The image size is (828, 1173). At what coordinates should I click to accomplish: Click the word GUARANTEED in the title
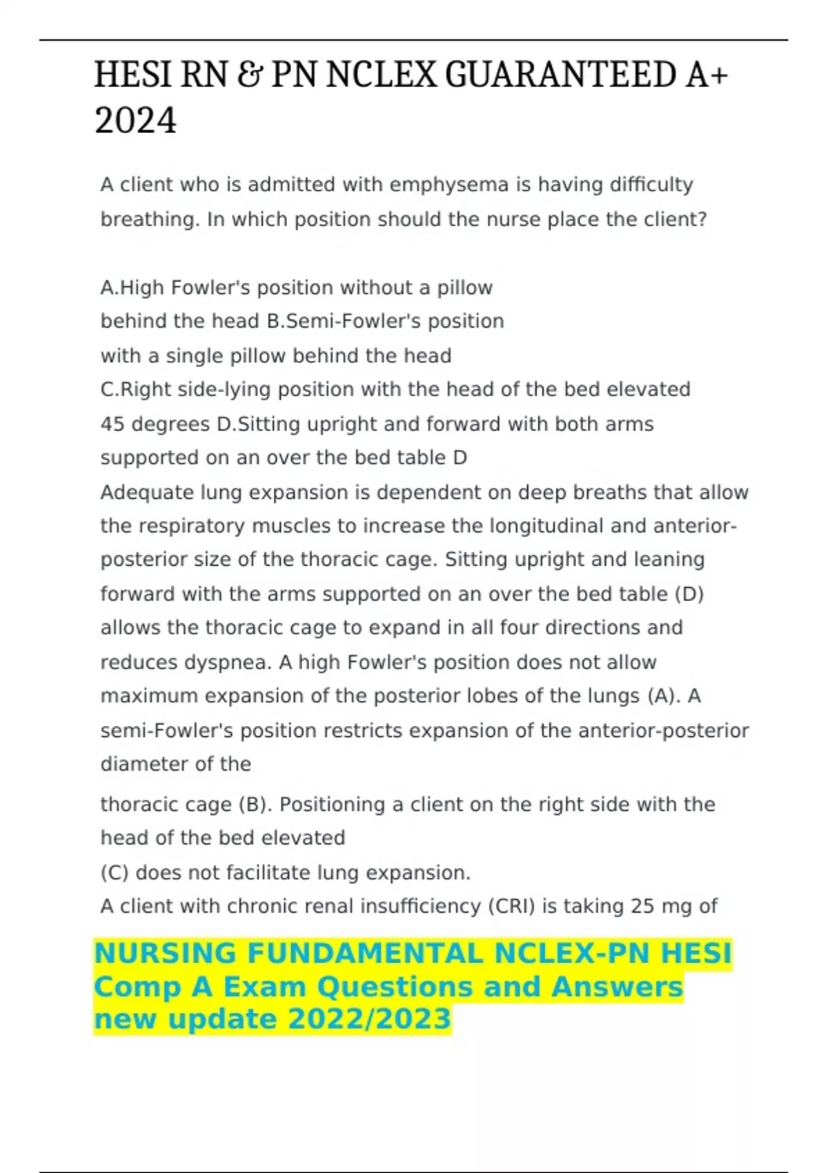[560, 75]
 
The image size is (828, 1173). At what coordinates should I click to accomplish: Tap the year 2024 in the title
[135, 121]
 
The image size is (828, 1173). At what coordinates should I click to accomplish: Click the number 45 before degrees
[112, 424]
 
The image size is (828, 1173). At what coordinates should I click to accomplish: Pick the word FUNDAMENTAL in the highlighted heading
[365, 954]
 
